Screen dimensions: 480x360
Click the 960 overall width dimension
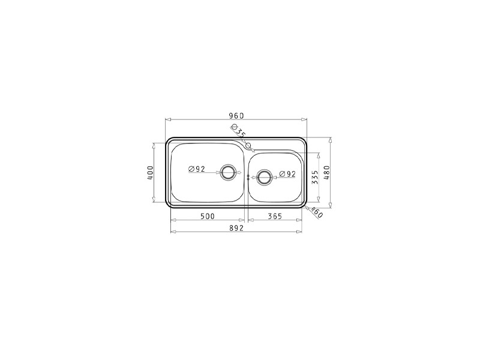[236, 116]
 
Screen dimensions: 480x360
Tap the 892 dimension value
[236, 228]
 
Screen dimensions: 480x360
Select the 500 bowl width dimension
[208, 216]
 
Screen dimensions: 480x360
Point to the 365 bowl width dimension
[275, 216]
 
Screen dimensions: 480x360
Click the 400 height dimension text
[150, 173]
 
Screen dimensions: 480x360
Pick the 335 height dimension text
[314, 177]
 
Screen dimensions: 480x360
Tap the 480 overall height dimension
[326, 173]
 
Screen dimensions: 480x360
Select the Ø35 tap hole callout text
[238, 130]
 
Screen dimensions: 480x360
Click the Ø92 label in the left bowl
[197, 169]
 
